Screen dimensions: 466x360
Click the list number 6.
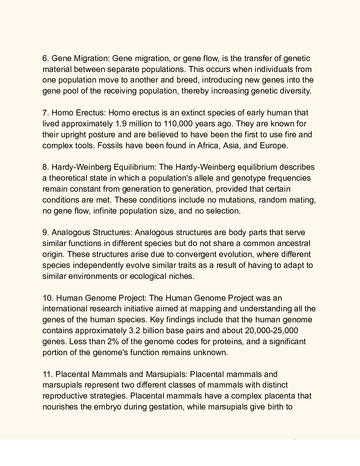[x=46, y=58]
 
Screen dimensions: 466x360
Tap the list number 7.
[x=46, y=113]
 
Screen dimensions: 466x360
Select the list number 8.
[x=46, y=167]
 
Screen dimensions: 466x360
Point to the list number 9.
[x=46, y=232]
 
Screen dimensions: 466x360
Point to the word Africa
[x=208, y=145]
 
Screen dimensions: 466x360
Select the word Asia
[x=231, y=145]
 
